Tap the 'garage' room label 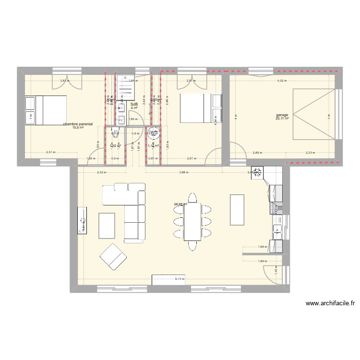coord(282,115)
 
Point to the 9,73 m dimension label coord(180,278)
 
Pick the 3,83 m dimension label coord(64,81)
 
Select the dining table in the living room coord(192,221)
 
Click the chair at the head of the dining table coord(192,197)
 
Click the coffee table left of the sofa coord(107,226)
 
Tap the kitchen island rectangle coord(238,209)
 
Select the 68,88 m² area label coord(180,204)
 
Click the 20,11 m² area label coord(282,119)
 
